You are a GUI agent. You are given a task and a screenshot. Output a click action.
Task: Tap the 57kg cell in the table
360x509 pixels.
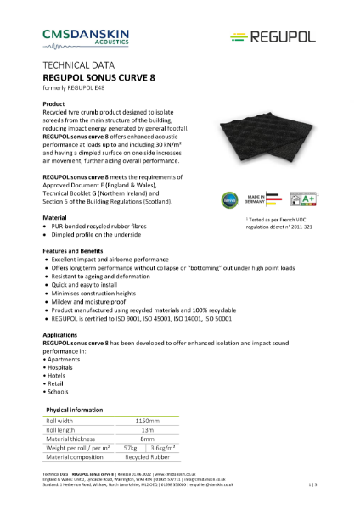click(x=131, y=450)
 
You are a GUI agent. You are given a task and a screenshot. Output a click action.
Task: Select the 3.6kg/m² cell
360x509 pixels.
click(x=163, y=450)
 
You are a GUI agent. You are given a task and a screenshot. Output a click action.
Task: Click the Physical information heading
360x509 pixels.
click(x=76, y=408)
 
